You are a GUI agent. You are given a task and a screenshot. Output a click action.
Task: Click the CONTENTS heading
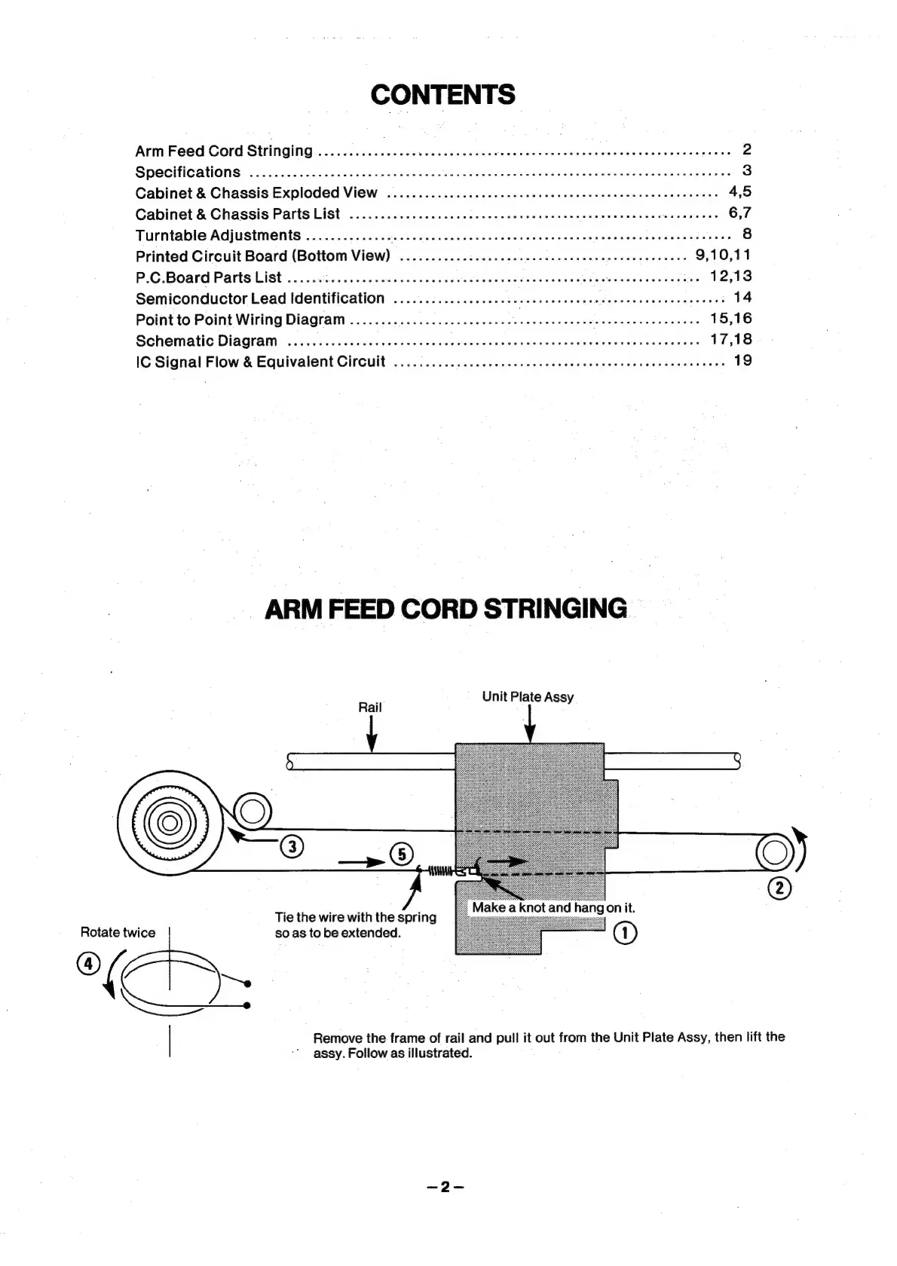443,95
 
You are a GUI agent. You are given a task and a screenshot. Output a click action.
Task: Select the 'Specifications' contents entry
188,172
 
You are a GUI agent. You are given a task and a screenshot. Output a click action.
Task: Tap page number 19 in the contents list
742,360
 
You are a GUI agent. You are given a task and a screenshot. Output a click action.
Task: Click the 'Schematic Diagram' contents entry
207,341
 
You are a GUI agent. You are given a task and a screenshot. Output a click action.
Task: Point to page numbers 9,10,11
723,255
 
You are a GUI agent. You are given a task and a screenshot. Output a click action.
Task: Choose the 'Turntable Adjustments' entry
218,235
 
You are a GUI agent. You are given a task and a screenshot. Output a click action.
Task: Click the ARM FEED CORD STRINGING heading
445,609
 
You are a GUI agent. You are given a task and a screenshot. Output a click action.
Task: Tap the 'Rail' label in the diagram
369,707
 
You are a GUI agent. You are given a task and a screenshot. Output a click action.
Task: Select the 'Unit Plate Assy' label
528,696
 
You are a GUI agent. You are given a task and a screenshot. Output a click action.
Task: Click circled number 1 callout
626,933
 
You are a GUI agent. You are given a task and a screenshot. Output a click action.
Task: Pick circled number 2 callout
779,888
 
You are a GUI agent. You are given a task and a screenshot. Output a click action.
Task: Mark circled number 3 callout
292,846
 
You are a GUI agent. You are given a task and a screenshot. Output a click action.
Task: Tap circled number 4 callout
87,963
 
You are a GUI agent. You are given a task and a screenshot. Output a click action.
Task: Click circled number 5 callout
401,854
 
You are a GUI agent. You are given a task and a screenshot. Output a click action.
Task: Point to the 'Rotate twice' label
118,932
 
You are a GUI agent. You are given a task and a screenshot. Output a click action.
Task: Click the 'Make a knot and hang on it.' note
553,907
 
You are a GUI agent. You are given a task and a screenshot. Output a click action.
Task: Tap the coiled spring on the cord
442,872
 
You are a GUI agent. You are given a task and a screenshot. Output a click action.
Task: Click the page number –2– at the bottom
445,1187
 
